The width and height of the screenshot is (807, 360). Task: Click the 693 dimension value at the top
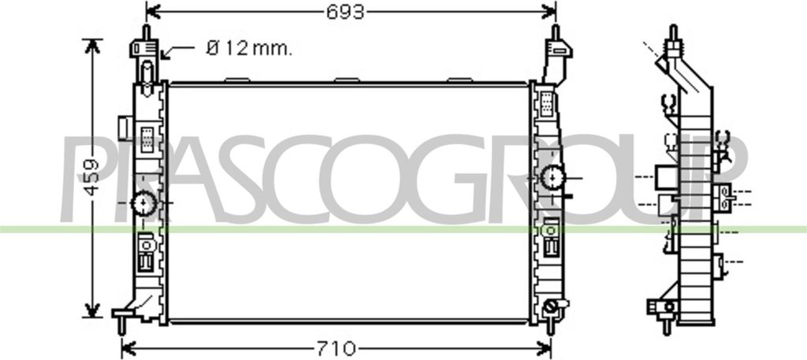pyautogui.click(x=345, y=11)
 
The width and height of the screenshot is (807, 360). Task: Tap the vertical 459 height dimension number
pyautogui.click(x=91, y=177)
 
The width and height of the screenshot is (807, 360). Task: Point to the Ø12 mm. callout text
pyautogui.click(x=249, y=49)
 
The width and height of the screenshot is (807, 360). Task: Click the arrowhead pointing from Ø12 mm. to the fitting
pyautogui.click(x=165, y=54)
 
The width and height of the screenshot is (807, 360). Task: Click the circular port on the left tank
pyautogui.click(x=144, y=204)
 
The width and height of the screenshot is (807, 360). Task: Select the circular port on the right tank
pyautogui.click(x=552, y=178)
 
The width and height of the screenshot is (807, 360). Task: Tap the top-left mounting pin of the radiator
pyautogui.click(x=146, y=32)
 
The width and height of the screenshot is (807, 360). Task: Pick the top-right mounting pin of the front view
pyautogui.click(x=556, y=32)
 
